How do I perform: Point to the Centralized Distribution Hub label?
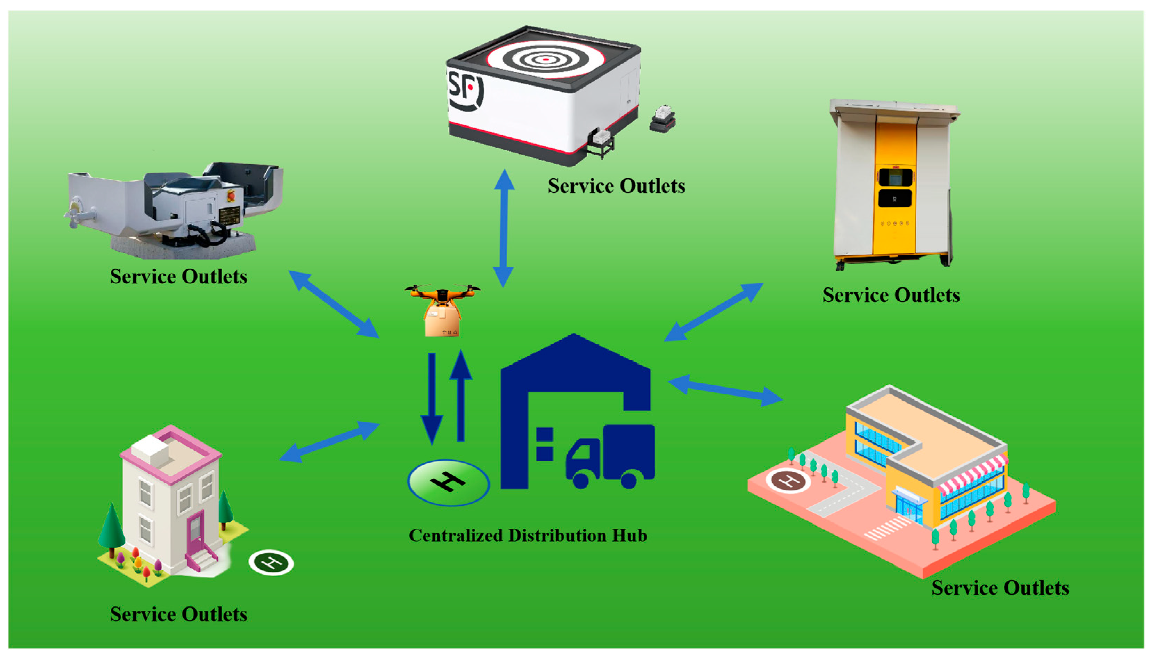coord(528,535)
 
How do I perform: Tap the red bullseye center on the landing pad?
coord(546,59)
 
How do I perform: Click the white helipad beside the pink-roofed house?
coord(271,563)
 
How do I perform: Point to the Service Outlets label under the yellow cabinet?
coord(891,295)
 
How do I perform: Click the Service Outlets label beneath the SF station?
coord(616,186)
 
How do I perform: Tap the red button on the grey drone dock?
coord(231,195)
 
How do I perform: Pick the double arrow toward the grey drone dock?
coord(334,304)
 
